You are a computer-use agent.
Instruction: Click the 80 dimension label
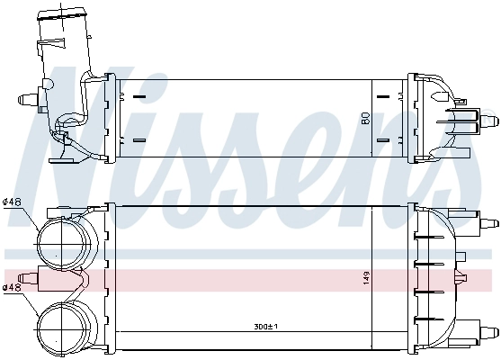click(x=365, y=117)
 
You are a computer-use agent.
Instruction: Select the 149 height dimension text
click(x=365, y=278)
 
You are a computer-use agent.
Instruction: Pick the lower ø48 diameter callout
click(x=12, y=288)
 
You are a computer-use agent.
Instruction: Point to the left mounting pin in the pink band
click(x=29, y=278)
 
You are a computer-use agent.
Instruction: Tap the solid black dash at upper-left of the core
click(x=139, y=94)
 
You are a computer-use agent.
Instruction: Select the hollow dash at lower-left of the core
click(x=139, y=140)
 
